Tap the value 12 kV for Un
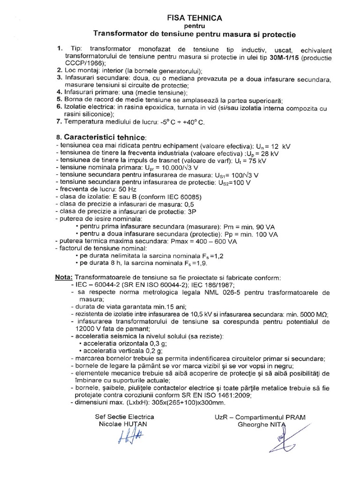[280, 147]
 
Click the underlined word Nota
[64, 277]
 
